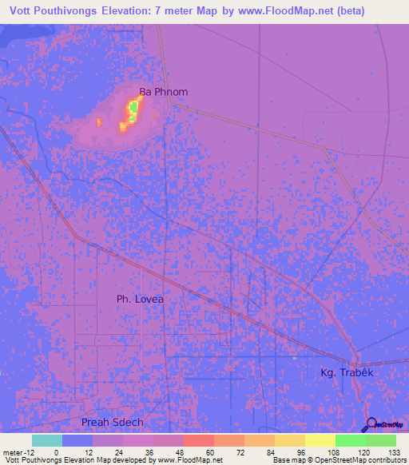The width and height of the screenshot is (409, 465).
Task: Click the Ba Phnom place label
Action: pyautogui.click(x=164, y=91)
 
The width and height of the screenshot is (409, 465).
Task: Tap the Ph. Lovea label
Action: pyautogui.click(x=140, y=299)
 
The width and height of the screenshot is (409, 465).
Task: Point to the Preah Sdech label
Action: pyautogui.click(x=111, y=422)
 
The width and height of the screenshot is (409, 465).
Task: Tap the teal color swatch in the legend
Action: pyautogui.click(x=46, y=440)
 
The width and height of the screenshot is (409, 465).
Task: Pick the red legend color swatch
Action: pyautogui.click(x=198, y=440)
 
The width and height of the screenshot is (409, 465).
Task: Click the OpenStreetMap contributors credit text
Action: pyautogui.click(x=339, y=460)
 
